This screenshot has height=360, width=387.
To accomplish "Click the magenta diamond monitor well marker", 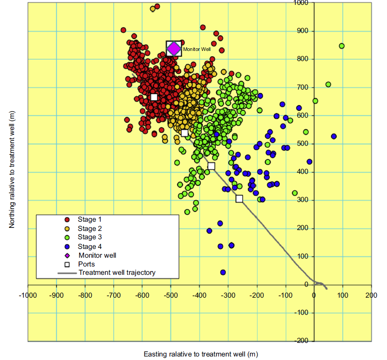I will pyautogui.click(x=174, y=48).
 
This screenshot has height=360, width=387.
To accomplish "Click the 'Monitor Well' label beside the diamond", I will pyautogui.click(x=197, y=50).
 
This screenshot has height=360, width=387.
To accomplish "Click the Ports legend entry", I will pyautogui.click(x=87, y=264).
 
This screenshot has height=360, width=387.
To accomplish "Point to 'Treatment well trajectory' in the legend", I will pyautogui.click(x=117, y=273).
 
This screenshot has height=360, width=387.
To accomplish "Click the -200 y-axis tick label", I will pyautogui.click(x=301, y=341).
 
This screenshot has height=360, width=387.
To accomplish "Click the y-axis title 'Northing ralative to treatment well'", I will pyautogui.click(x=12, y=169).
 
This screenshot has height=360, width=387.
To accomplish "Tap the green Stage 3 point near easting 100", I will pyautogui.click(x=342, y=46).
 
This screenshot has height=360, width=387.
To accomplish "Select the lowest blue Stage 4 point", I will pyautogui.click(x=223, y=272).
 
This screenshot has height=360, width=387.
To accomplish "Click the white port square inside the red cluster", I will pyautogui.click(x=154, y=97).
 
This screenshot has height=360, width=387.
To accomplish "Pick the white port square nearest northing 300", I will pyautogui.click(x=239, y=199).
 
